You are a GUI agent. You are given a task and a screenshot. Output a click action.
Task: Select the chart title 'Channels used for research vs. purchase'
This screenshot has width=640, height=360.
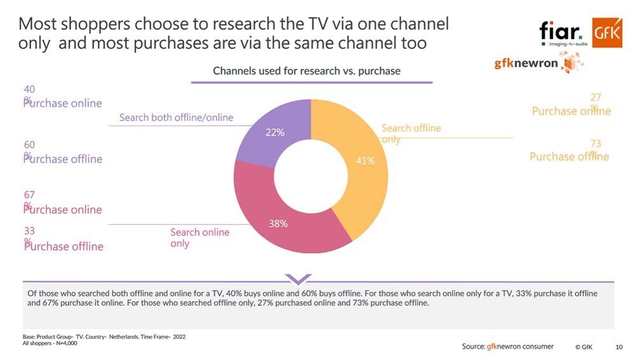coord(307,70)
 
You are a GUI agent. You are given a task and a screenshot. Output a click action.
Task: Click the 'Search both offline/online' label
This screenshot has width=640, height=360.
coord(176,117)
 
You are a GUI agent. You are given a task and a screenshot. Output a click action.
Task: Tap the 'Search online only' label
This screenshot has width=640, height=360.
coord(199,238)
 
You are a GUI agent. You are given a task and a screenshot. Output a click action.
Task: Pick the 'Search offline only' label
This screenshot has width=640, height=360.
coord(411,133)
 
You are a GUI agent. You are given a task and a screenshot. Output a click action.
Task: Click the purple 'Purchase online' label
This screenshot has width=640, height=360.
coord(63,103)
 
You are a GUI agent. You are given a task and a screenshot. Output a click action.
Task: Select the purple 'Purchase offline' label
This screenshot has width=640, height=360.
coord(63,159)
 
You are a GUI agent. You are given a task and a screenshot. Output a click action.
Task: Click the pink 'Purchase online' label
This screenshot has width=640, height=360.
coord(63,210)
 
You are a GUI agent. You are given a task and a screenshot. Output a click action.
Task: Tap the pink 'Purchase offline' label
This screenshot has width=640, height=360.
coord(63,246)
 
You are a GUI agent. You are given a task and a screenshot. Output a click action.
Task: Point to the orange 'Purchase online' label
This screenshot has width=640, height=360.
coord(571,111)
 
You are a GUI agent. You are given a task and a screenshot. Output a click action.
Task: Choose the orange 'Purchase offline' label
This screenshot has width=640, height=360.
coord(569,157)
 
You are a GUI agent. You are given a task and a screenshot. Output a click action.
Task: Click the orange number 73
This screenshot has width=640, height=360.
coord(595,144)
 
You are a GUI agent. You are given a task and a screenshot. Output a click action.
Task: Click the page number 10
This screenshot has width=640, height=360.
coord(619,347)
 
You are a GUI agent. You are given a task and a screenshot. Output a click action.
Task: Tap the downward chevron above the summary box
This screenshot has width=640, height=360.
coord(298,279)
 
